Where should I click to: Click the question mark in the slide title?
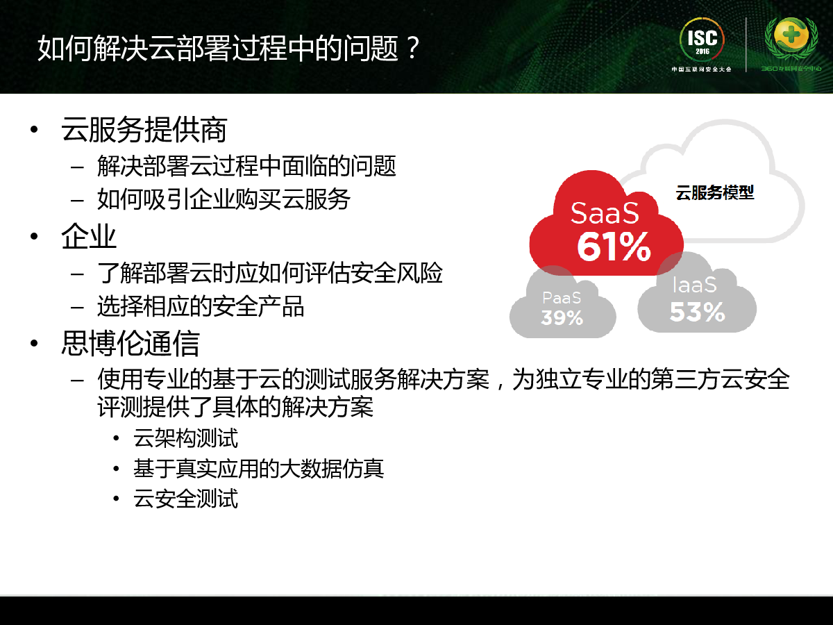412,48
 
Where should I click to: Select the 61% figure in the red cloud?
614,247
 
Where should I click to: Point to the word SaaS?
605,213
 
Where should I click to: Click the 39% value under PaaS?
562,317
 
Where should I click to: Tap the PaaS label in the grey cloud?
562,298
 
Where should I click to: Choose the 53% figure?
697,312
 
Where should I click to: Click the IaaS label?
694,285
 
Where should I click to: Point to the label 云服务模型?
714,193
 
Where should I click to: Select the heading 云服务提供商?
144,129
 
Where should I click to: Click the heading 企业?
89,236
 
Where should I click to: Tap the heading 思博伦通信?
131,343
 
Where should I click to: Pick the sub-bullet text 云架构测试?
185,438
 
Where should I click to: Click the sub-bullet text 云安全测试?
185,498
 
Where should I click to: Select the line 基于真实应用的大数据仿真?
258,468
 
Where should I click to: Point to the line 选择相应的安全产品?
201,306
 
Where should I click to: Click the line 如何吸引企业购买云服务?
224,199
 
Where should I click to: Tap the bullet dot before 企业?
34,236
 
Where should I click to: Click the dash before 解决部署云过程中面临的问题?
77,167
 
